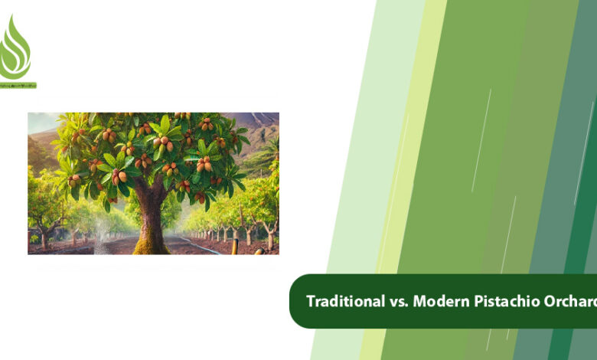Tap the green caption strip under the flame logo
click(x=18, y=85)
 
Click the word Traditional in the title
click(x=341, y=301)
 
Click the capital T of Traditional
click(x=311, y=301)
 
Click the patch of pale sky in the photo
click(x=42, y=121)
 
